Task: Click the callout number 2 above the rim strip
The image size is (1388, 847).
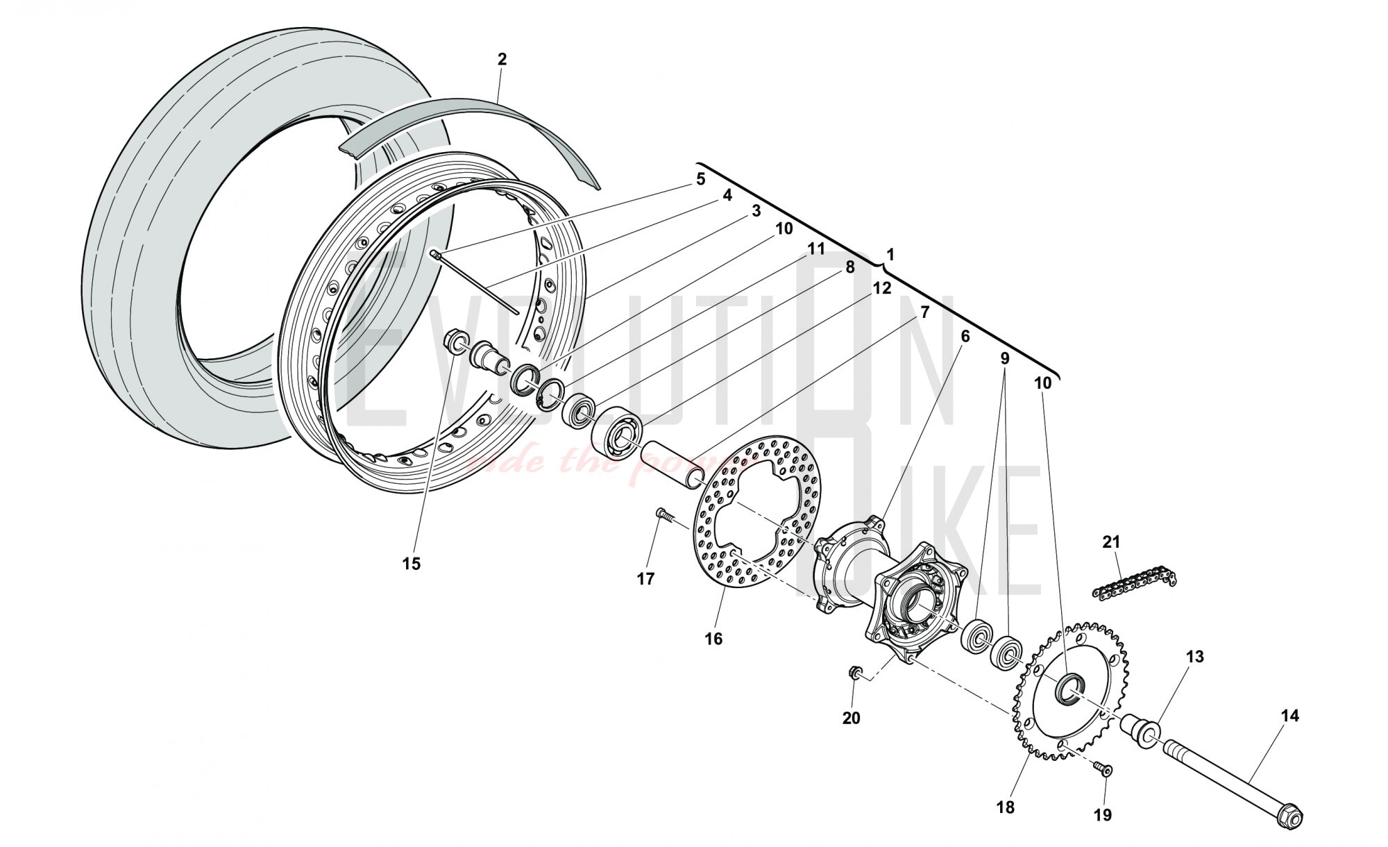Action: [502, 59]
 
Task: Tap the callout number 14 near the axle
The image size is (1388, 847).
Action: [1289, 716]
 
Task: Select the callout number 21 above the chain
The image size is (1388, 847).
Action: [1112, 542]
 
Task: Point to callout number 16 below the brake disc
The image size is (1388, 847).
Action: [713, 639]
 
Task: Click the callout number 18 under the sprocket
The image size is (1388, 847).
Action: [1005, 807]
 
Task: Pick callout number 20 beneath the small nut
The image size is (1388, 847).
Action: [851, 719]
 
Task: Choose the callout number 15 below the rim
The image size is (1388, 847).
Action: [412, 564]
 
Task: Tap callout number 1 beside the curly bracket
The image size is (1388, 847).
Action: [890, 255]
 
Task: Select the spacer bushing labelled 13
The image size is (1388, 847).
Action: [1140, 731]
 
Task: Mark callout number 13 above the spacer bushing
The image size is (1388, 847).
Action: [1194, 657]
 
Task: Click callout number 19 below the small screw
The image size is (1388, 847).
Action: [1102, 814]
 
